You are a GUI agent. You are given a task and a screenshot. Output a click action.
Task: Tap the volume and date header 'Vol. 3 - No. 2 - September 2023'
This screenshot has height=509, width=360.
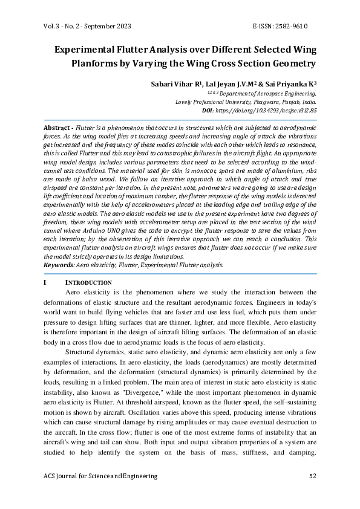click(88, 27)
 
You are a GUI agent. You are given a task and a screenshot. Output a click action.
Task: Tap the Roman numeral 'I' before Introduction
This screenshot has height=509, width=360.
click(45, 282)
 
